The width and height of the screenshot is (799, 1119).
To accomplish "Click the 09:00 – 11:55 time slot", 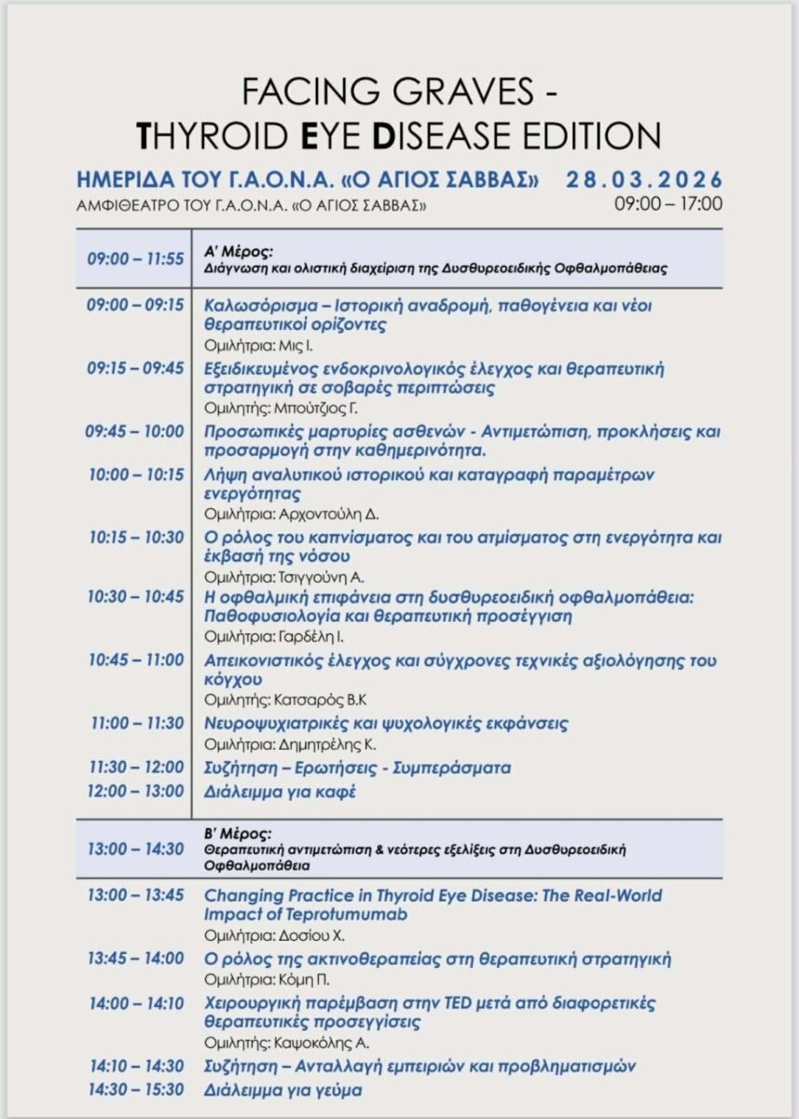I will pyautogui.click(x=136, y=258).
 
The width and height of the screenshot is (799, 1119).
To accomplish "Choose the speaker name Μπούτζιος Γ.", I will pyautogui.click(x=303, y=408).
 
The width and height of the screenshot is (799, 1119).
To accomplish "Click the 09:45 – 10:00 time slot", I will pyautogui.click(x=136, y=432).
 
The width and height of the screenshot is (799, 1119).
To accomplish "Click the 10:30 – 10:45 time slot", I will pyautogui.click(x=136, y=597).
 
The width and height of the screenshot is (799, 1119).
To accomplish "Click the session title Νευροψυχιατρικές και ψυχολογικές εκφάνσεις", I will pyautogui.click(x=386, y=724).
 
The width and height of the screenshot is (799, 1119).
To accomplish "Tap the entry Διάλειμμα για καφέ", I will pyautogui.click(x=280, y=792).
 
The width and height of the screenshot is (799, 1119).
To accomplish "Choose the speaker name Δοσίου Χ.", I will pyautogui.click(x=295, y=935).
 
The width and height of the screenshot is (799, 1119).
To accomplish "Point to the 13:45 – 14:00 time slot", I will pyautogui.click(x=136, y=959).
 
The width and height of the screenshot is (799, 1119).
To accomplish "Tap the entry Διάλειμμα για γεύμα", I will pyautogui.click(x=283, y=1089).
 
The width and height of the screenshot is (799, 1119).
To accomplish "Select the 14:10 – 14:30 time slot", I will pyautogui.click(x=136, y=1065).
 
